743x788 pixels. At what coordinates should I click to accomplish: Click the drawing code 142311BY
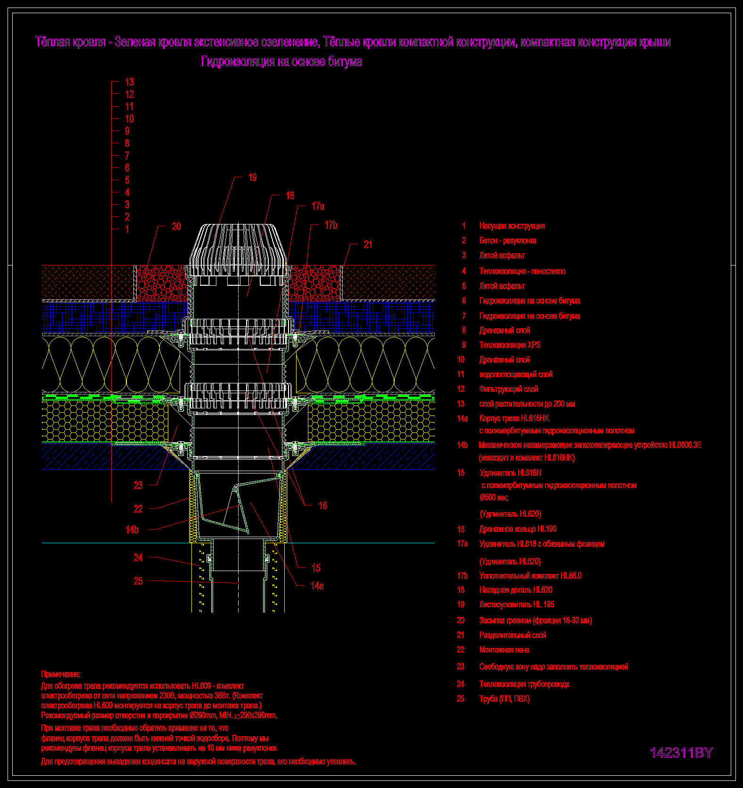coord(681,753)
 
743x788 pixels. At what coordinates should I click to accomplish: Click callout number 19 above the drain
coord(252,178)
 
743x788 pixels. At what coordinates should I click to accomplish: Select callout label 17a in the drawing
coord(318,206)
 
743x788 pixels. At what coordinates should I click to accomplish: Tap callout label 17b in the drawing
coord(331,225)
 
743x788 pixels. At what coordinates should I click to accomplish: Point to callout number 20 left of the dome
coord(176,226)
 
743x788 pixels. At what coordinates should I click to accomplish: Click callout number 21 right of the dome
coord(368,244)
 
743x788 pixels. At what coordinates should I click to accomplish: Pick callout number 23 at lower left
coord(138,485)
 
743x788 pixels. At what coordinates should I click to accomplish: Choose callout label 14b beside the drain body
coord(132,530)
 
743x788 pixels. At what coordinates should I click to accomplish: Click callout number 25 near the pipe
coord(138,581)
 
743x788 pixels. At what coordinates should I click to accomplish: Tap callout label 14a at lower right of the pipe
coord(317,586)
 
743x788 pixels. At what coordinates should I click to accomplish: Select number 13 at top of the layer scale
coord(129,82)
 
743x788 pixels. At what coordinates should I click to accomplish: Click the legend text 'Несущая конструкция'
coord(512,226)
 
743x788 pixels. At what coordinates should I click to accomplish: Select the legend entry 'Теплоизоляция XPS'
coord(510,345)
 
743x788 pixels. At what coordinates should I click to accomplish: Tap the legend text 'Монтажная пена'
coord(504,649)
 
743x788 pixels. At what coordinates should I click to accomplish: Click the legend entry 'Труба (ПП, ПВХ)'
coord(504,698)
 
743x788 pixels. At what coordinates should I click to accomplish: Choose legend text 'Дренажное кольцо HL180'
coord(518,529)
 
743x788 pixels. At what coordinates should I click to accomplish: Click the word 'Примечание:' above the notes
coord(61,674)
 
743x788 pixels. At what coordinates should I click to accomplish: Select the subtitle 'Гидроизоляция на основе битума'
coord(281,62)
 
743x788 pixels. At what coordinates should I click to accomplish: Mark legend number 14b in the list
coord(462,445)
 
